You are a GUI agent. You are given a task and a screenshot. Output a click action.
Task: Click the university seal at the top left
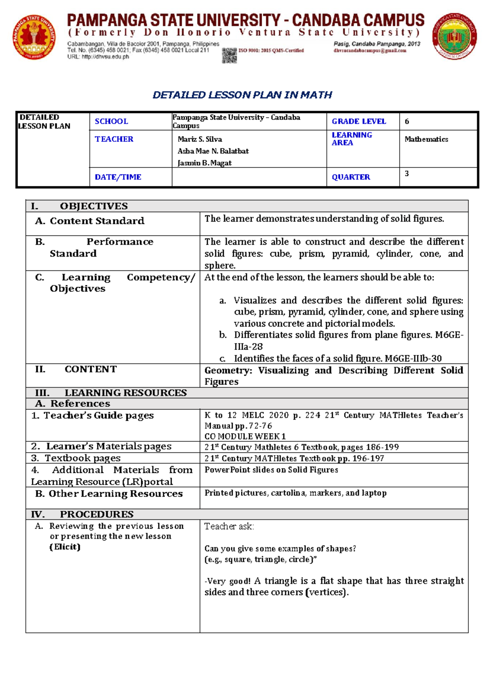coord(34,37)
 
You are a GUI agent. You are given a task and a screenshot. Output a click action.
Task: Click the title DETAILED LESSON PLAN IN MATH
coord(242,95)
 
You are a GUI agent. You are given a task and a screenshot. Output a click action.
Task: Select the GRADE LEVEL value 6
coord(407,121)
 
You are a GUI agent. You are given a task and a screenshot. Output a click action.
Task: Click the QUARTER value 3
coord(407,174)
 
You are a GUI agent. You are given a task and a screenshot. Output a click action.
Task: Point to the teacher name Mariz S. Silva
coord(200,139)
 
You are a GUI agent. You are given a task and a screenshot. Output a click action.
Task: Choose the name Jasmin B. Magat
coord(204,163)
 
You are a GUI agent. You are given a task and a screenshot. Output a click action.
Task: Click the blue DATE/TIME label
coord(118,177)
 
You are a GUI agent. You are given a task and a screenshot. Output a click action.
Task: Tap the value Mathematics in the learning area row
coord(426,139)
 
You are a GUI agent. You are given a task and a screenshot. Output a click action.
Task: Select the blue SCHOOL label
coord(111,121)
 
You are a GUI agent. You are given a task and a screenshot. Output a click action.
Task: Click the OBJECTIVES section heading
coord(94,206)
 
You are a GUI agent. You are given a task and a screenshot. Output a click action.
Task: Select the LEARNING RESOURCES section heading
coord(125,393)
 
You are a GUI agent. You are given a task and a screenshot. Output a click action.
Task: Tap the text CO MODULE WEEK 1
coord(245,436)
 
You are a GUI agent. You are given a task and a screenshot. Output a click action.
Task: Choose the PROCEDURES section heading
coord(97,514)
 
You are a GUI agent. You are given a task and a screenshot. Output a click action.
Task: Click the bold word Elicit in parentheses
coord(65,547)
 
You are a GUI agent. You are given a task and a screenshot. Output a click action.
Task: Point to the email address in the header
coord(370,51)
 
